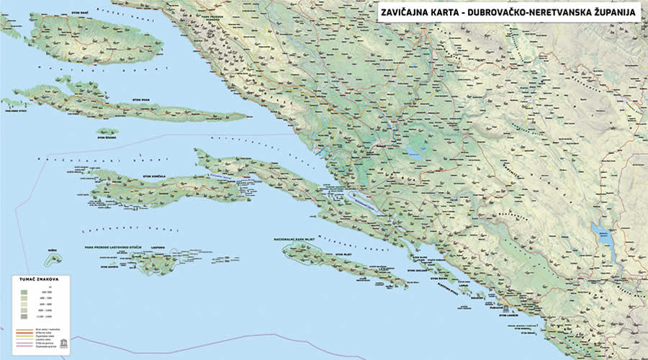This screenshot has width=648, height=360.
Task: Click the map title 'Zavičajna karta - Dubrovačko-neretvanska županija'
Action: tap(508, 12)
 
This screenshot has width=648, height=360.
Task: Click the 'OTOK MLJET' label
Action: tap(341, 254)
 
